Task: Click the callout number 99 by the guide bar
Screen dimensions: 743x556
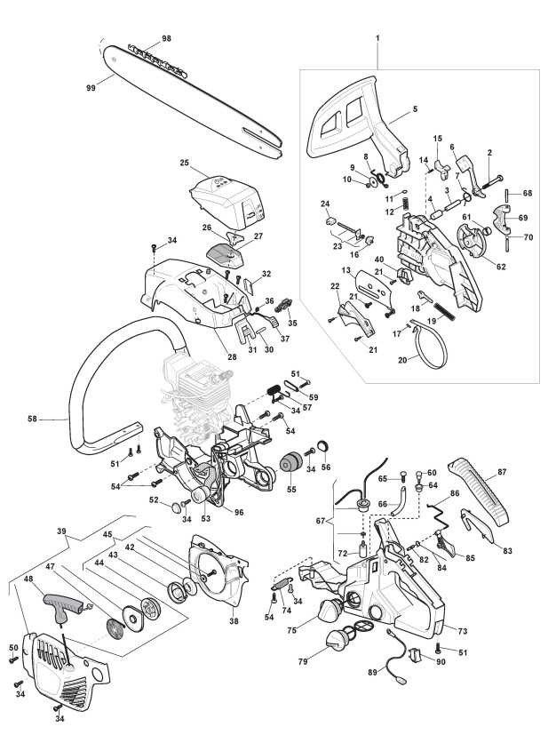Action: (x=91, y=87)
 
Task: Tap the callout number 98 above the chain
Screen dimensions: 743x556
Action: (x=165, y=40)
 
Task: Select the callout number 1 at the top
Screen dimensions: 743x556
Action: (x=377, y=39)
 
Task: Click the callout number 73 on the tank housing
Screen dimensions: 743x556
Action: (x=461, y=630)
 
